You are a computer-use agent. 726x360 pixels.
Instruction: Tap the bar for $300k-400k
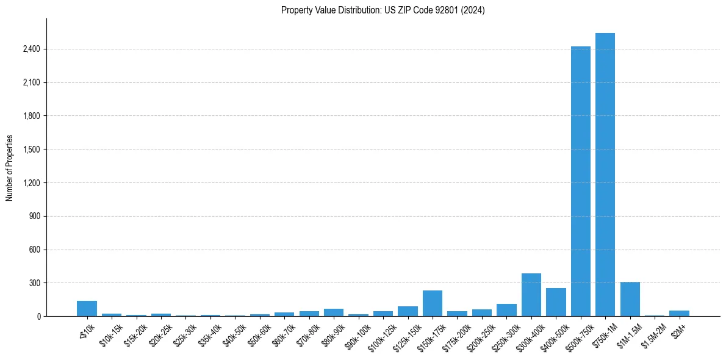(x=531, y=295)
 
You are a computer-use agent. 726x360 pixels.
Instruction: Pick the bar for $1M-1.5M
(x=630, y=299)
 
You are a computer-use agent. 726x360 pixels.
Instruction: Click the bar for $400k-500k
(x=556, y=302)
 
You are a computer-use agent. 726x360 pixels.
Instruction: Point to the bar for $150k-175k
(x=433, y=303)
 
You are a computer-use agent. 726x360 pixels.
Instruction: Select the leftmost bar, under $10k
(x=87, y=309)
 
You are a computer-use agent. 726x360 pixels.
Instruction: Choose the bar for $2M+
(x=679, y=313)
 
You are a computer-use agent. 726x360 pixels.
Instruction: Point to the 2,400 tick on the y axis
(x=31, y=49)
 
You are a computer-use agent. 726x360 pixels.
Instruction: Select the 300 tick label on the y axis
(x=34, y=283)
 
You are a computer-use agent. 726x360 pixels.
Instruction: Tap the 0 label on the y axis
(x=38, y=317)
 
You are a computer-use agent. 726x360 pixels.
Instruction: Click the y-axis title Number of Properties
(x=10, y=167)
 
